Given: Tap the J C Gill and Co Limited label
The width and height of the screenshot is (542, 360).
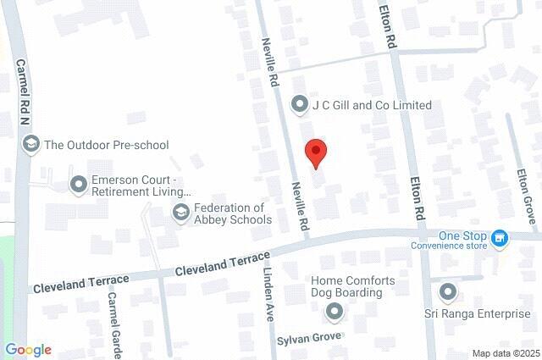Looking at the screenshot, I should pyautogui.click(x=372, y=106).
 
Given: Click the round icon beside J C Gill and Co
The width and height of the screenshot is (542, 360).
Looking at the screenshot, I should pyautogui.click(x=299, y=106).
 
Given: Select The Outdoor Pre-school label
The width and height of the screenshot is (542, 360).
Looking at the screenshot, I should pyautogui.click(x=107, y=145).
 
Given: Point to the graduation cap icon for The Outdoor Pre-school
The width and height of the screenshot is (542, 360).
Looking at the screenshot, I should pyautogui.click(x=31, y=145).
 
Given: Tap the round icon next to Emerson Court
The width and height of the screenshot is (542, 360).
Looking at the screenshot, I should pyautogui.click(x=79, y=183).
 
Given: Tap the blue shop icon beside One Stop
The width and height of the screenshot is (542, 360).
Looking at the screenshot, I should pyautogui.click(x=501, y=240).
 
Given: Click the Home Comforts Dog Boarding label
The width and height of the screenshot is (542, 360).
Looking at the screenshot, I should pyautogui.click(x=346, y=287).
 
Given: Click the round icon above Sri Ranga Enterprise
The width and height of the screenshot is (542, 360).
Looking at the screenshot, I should pyautogui.click(x=448, y=293).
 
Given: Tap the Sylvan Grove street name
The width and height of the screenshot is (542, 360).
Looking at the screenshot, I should pyautogui.click(x=309, y=337).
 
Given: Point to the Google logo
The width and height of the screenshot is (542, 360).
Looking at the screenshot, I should pyautogui.click(x=28, y=350).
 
